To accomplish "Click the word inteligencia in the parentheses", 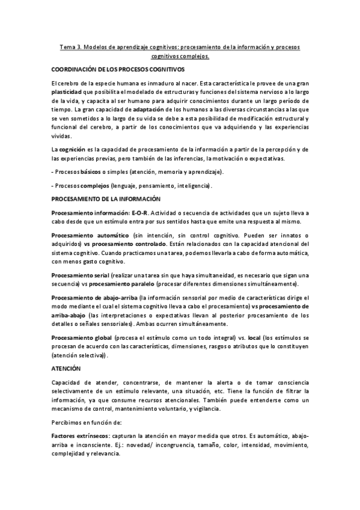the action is coord(189,186).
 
